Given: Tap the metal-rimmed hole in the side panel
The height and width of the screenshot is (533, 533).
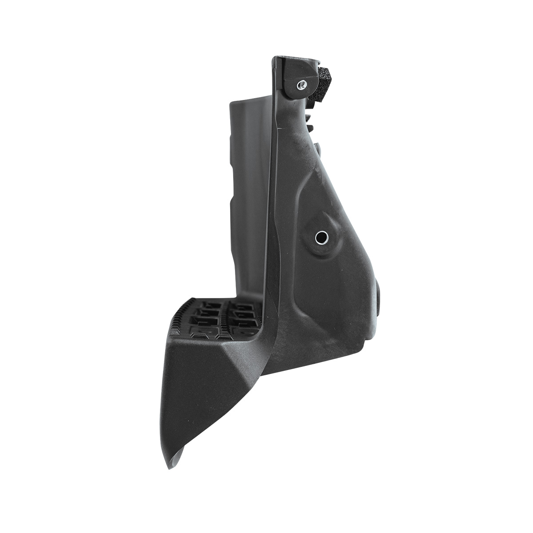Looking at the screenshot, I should pos(320,238).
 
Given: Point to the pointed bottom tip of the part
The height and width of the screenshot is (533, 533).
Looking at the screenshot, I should pos(170,467).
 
